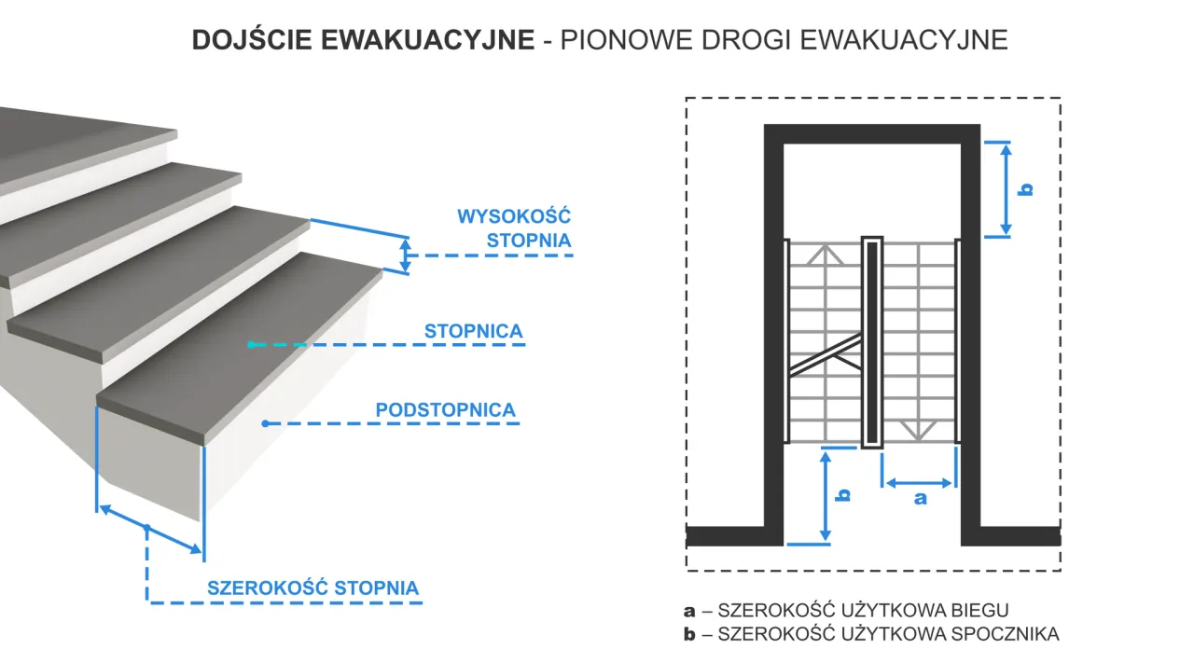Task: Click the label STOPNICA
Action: (473, 331)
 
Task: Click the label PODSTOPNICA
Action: (445, 409)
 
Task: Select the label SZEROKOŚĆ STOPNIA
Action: (312, 588)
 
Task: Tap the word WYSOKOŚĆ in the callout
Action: (513, 216)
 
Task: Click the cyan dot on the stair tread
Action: (251, 345)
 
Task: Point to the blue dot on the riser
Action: (266, 423)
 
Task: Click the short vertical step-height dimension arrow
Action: (405, 255)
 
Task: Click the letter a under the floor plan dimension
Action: (920, 499)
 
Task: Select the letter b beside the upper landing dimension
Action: (1025, 189)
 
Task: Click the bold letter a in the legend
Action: (690, 612)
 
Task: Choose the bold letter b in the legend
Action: (690, 634)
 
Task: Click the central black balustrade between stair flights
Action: (871, 342)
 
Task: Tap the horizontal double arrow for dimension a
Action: (920, 483)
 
